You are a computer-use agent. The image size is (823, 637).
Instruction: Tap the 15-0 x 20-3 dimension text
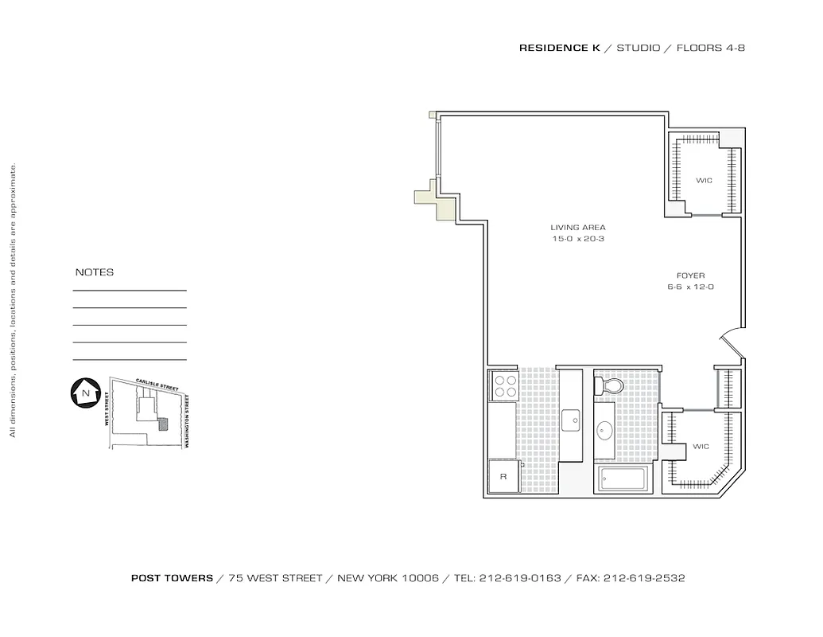click(578, 239)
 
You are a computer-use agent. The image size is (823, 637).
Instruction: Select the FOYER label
click(690, 276)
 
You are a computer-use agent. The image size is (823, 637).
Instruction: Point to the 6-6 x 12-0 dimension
click(690, 287)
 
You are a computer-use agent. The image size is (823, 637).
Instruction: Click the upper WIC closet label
click(704, 181)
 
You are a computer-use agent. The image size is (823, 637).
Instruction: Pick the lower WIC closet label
click(700, 446)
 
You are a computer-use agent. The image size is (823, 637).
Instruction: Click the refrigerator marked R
click(503, 476)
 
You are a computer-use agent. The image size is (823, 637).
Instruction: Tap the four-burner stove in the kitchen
click(505, 386)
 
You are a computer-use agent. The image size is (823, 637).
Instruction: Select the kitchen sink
click(570, 420)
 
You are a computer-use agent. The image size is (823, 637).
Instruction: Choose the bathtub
click(624, 479)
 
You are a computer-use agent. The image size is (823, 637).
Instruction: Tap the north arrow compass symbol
click(83, 393)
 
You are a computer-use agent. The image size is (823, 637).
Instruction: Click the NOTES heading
click(95, 272)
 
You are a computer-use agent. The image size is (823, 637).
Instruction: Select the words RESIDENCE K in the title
click(559, 48)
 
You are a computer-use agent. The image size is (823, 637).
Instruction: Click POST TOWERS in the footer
click(172, 579)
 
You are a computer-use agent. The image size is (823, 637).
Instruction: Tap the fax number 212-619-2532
click(644, 579)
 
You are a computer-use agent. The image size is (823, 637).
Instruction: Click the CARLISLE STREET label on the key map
click(157, 385)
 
